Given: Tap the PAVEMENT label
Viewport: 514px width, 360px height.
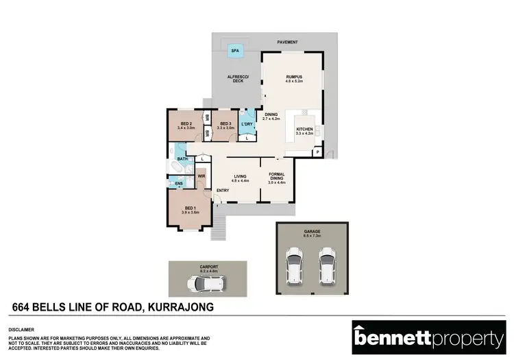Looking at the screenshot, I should point(287,43).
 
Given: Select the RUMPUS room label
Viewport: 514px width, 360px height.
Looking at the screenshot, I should point(294,77).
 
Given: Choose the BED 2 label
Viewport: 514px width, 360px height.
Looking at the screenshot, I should point(186,124).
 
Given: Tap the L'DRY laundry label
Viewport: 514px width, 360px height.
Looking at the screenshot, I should point(247,123).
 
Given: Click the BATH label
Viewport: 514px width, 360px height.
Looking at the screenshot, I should point(182,159).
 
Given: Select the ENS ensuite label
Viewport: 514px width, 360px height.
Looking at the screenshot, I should point(179,184).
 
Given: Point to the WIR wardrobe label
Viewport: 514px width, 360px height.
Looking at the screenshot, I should point(201,176).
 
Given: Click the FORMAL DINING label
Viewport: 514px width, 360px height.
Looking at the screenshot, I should point(276,176).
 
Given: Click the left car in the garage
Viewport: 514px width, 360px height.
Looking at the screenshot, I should point(294,267).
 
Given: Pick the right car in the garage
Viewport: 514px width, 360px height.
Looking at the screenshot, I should point(327,267).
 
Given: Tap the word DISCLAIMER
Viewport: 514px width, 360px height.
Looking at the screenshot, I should point(21,328).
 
